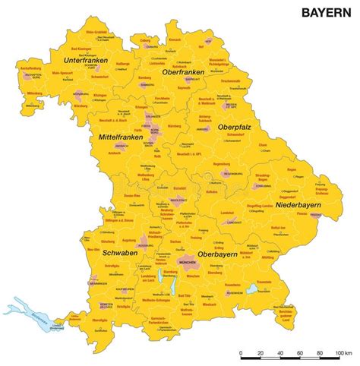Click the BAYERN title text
[327, 12]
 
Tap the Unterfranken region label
[84, 60]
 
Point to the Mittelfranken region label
[118, 137]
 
